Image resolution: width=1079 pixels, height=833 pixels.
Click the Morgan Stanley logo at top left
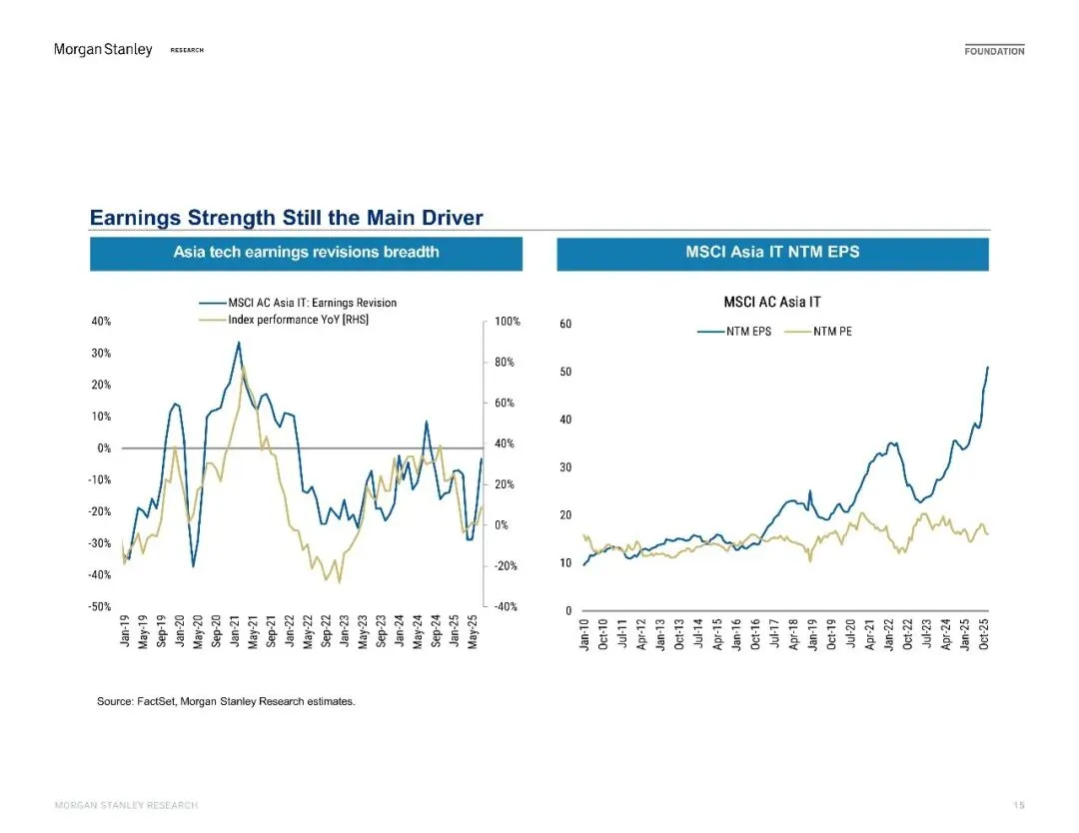(x=103, y=50)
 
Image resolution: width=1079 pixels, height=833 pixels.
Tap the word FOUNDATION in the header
(x=994, y=51)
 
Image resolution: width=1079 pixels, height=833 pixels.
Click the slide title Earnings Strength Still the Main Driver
(x=287, y=218)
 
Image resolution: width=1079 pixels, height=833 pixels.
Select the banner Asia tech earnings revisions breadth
(x=306, y=253)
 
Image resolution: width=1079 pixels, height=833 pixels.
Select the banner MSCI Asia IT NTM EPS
(x=772, y=253)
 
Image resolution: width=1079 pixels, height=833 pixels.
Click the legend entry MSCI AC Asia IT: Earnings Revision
(x=305, y=303)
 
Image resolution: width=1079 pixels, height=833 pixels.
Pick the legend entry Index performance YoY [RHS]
(x=291, y=320)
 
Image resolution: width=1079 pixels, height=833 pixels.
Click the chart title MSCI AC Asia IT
(x=772, y=302)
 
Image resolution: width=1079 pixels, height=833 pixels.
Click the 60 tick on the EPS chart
(x=564, y=324)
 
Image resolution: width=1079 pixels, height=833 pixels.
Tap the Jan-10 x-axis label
(x=585, y=635)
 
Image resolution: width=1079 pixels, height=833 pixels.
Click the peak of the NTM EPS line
(x=988, y=368)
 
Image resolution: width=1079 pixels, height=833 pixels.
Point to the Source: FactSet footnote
(x=225, y=702)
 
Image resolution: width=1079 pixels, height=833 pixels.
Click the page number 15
(x=1018, y=805)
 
